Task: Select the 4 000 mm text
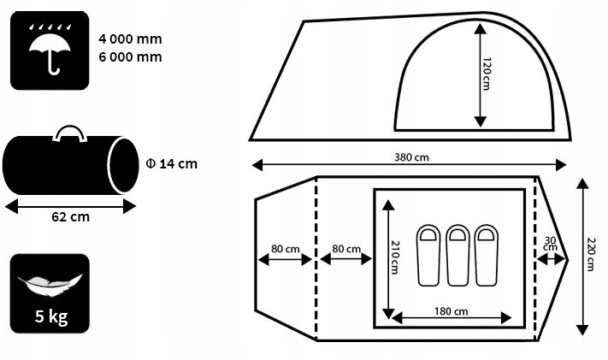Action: [x=130, y=39]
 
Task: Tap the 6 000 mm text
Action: [x=130, y=57]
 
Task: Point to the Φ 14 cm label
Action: [x=171, y=163]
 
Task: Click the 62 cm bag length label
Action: [x=71, y=216]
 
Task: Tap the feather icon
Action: [x=50, y=284]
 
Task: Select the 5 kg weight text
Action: [x=51, y=316]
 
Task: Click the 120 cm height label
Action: [x=487, y=74]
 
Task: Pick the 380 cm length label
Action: [x=412, y=157]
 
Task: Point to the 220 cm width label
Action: [x=591, y=254]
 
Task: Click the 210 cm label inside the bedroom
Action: [x=395, y=257]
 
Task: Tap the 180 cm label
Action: [x=451, y=311]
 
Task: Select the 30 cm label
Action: [x=550, y=244]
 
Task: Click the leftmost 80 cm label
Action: [x=286, y=249]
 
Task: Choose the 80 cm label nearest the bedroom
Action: [x=346, y=249]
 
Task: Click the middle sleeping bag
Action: [x=458, y=255]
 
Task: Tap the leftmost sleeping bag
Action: [x=428, y=255]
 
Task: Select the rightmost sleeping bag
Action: [x=487, y=255]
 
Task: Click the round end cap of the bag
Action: [x=123, y=165]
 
